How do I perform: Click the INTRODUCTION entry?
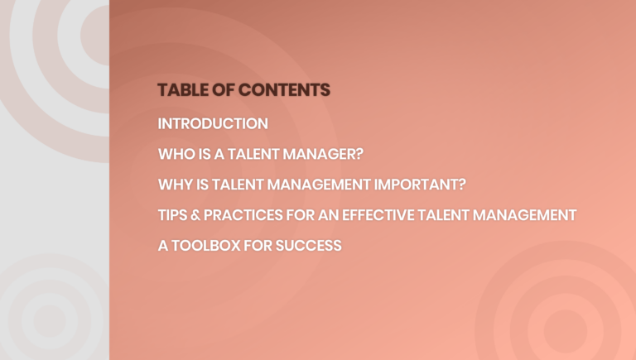pyautogui.click(x=213, y=124)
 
